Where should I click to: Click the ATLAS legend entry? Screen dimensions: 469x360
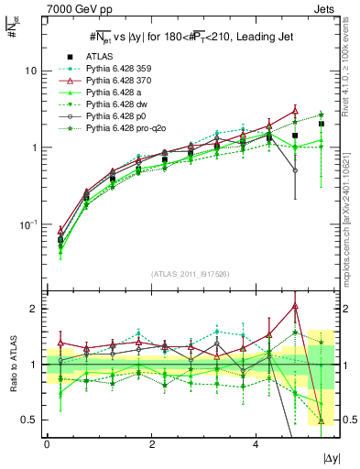102,57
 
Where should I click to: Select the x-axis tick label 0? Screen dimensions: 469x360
47,443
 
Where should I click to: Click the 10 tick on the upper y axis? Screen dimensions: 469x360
30,71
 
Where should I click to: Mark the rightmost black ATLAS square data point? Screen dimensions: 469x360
322,124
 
